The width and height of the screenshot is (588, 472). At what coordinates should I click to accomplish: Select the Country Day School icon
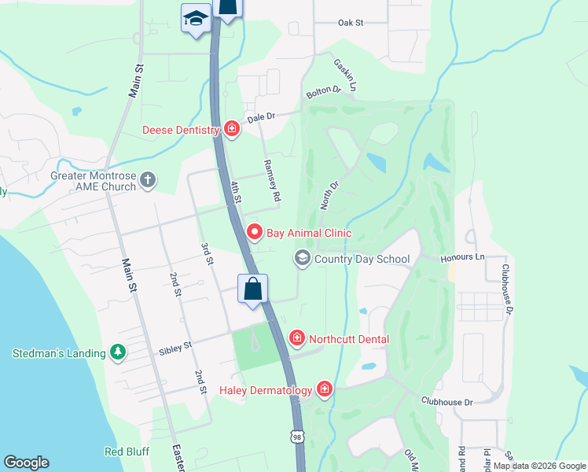[x=302, y=258]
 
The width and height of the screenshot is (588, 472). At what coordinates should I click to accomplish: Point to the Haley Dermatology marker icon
[x=324, y=389]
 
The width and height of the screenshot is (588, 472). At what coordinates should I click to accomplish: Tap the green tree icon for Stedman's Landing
[x=118, y=353]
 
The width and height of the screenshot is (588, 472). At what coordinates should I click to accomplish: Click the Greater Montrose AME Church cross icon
[x=147, y=182]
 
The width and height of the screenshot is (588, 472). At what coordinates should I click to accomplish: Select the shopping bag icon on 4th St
[x=253, y=289]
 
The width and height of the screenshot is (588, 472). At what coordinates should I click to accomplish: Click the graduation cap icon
[x=195, y=19]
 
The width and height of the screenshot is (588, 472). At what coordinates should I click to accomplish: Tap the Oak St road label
[x=350, y=23]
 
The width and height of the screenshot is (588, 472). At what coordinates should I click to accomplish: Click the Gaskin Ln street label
[x=347, y=75]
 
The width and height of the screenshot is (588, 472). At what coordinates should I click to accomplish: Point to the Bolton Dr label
[x=323, y=92]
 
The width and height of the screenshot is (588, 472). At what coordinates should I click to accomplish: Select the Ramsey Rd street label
[x=270, y=183]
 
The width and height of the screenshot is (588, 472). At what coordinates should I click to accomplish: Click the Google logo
[x=26, y=463]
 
